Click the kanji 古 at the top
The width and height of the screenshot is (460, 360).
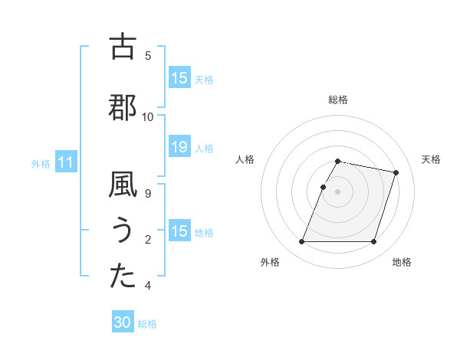pos(123,47)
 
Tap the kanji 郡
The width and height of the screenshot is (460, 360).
pos(123,107)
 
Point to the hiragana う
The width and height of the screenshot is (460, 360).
pos(123,231)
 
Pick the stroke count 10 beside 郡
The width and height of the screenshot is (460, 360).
pos(149,116)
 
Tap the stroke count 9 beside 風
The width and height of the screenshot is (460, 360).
pos(149,194)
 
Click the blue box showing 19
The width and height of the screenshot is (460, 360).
pos(179,148)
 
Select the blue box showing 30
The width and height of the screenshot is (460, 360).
pos(123,322)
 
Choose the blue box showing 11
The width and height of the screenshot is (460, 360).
pos(65,162)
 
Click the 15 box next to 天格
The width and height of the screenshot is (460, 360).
pos(179,78)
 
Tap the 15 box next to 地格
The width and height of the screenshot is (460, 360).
pos(179,231)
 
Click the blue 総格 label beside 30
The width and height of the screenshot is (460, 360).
pos(147,324)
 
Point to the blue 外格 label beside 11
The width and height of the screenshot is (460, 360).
pos(41,163)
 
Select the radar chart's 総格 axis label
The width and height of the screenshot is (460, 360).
pos(338,100)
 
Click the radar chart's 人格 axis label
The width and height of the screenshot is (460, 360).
pos(245,159)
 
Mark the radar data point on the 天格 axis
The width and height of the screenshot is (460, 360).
pos(396,173)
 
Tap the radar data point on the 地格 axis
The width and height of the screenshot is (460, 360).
pos(373,242)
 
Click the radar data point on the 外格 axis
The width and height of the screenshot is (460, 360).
pos(302,242)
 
